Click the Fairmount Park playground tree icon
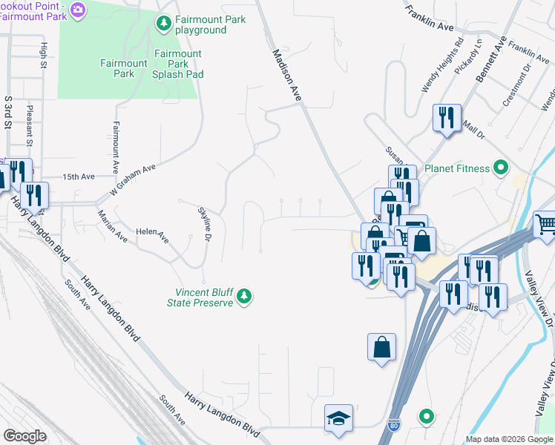coord(164,24)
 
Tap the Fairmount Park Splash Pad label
coord(177,64)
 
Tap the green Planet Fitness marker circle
coord(501,168)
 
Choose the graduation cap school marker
coord(338,418)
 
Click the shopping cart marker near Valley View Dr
coord(545,223)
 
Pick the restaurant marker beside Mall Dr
coord(447,117)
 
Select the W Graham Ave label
coord(132,178)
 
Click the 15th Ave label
coord(79,177)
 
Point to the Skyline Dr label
coord(205,224)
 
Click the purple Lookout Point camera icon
coord(79,9)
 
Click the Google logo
coord(24,435)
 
